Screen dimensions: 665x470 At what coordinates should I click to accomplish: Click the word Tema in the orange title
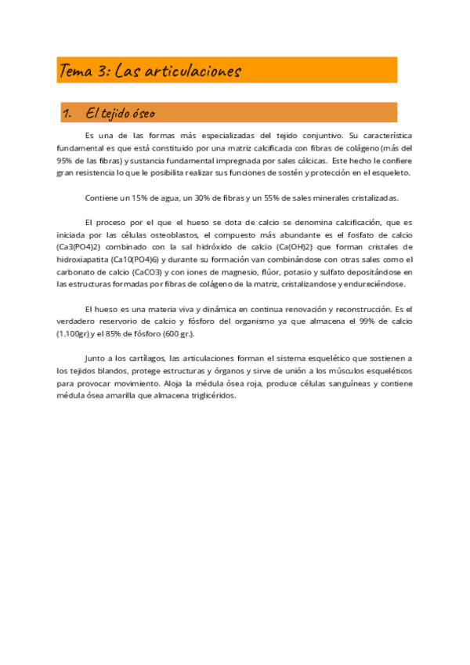pos(76,71)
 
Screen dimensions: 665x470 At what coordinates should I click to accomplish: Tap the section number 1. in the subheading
pos(67,114)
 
